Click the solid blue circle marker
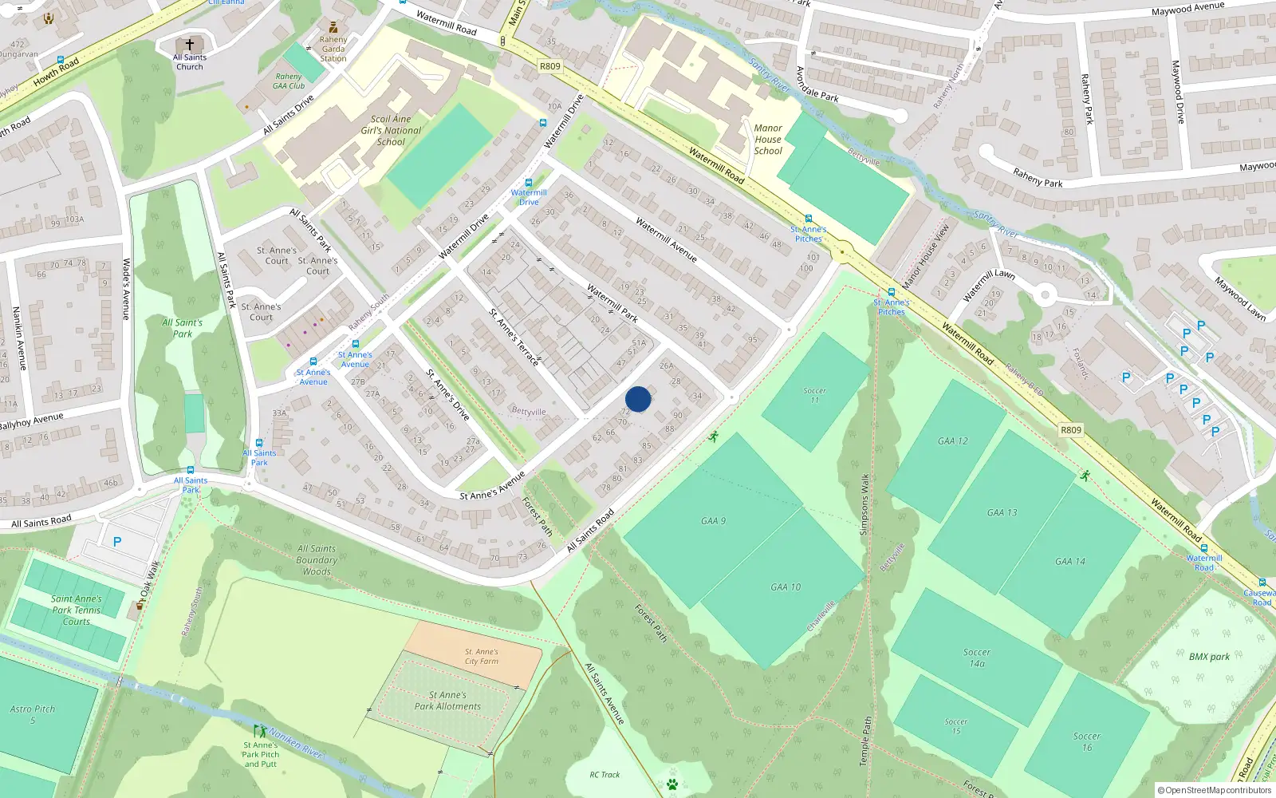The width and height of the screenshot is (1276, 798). (638, 399)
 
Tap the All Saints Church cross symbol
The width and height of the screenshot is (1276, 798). (190, 45)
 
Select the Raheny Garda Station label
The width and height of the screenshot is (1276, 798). (333, 49)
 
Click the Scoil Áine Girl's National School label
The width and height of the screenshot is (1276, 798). (391, 130)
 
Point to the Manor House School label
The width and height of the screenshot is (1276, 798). (768, 139)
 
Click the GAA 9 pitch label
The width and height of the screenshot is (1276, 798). (713, 521)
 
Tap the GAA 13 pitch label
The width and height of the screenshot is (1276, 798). (1002, 512)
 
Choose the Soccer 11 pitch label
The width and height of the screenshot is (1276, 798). (814, 395)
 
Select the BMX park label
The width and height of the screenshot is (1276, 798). (1209, 657)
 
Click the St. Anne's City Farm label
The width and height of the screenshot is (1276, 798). (482, 656)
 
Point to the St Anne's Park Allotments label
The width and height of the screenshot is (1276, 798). (447, 701)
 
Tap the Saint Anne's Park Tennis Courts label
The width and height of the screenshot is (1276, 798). (77, 610)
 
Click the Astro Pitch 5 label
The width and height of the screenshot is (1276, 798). (33, 714)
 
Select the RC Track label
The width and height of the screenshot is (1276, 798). (605, 774)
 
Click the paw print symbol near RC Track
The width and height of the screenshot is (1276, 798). (671, 784)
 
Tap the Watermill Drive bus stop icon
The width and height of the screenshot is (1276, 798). (528, 183)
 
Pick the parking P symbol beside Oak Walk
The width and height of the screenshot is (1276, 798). (117, 542)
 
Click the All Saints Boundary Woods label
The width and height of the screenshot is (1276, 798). (317, 560)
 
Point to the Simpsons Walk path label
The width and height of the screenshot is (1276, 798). (864, 504)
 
